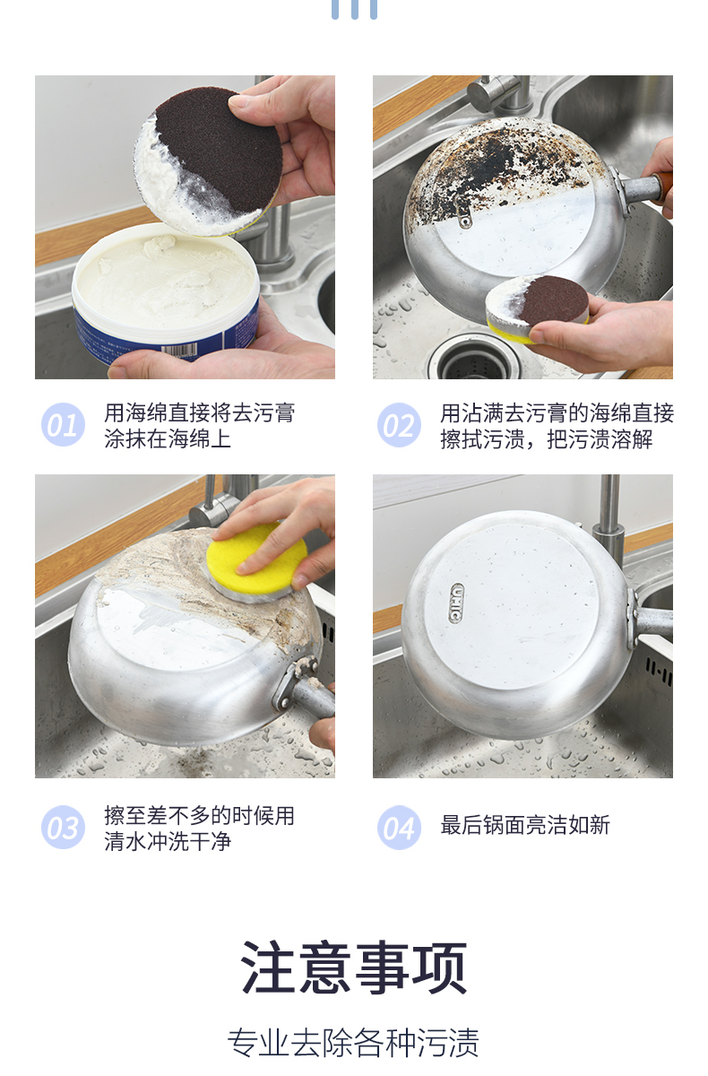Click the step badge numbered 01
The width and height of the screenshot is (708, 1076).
coord(63,424)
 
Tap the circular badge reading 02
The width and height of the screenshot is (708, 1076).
coord(399,424)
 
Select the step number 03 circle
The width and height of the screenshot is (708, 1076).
coord(63,827)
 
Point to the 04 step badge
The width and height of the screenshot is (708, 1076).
coord(399,827)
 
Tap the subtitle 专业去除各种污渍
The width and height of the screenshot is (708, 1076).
coord(353,1043)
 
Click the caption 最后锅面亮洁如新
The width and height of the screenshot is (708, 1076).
coord(525,825)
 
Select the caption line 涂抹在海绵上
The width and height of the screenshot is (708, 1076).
coord(168,438)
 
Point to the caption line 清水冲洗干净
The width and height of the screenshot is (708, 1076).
coord(168,842)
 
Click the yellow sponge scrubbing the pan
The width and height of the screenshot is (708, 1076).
coord(256,560)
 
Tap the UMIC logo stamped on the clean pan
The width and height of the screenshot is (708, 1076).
coord(456,603)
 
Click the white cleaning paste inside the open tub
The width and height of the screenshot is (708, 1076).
coord(166,280)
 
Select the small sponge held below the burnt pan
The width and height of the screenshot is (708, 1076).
coord(537,308)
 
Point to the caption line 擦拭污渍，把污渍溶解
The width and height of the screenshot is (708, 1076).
coord(547,438)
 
